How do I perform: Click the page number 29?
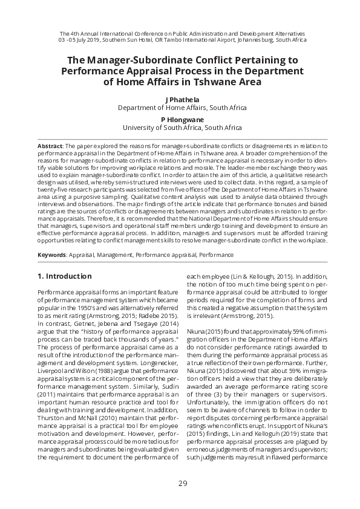pos(182,483)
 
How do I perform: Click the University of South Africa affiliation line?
pos(182,128)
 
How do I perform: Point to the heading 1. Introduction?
pos(65,276)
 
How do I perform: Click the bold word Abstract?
pos(50,146)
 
